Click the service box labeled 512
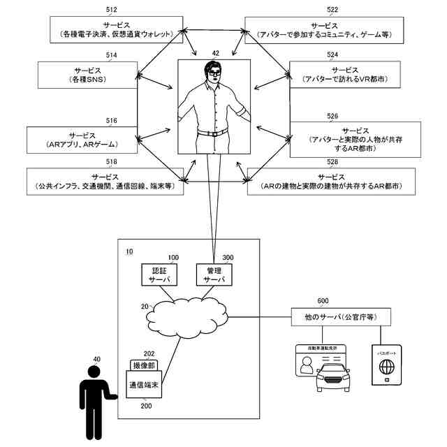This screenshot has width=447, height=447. tap(116, 29)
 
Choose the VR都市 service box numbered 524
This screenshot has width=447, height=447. tap(346, 75)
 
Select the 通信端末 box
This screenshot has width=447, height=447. tap(145, 384)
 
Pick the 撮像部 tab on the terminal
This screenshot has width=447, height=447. tap(144, 366)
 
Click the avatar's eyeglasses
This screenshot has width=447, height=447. tap(213, 70)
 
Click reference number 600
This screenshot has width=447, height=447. tap(323, 301)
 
